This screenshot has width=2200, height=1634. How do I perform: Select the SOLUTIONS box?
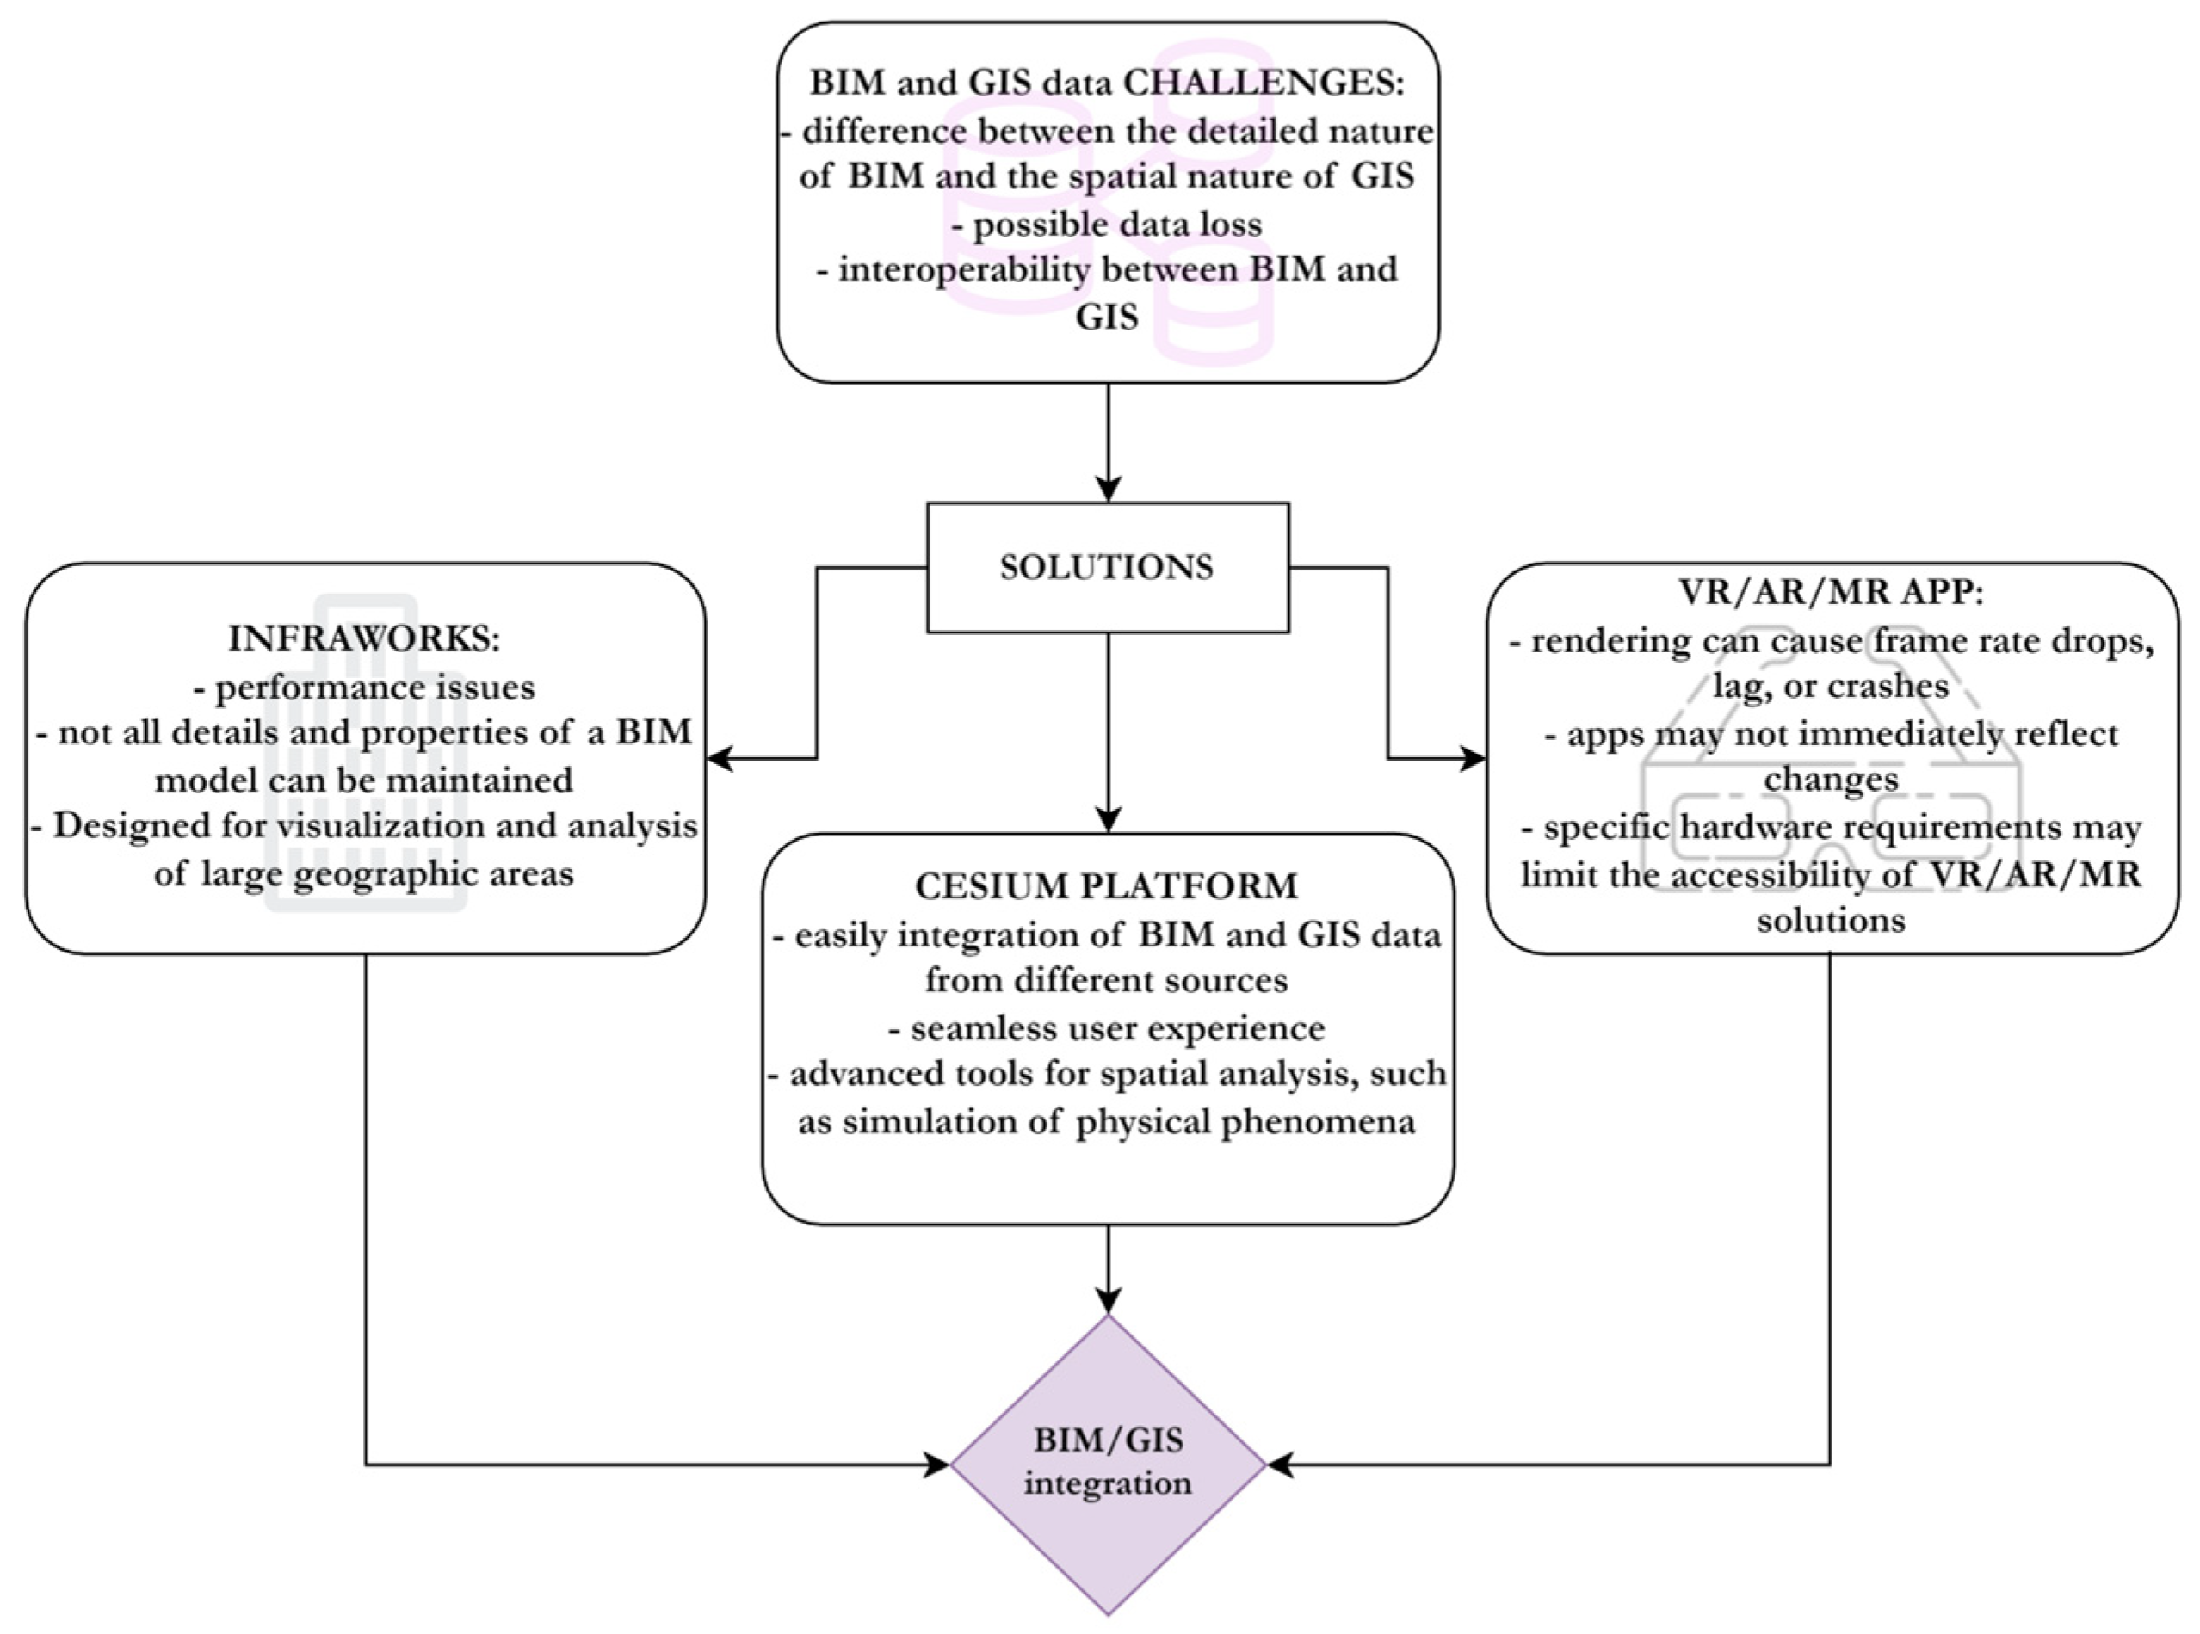click(x=1107, y=567)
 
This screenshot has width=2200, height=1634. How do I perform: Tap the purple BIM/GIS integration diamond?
click(x=1108, y=1463)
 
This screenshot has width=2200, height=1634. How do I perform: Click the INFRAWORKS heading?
click(x=364, y=639)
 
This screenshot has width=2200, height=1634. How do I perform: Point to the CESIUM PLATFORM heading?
click(x=1106, y=886)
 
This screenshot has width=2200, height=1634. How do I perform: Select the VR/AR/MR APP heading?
click(x=1831, y=593)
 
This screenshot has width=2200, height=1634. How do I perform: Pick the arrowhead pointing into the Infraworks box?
click(x=720, y=759)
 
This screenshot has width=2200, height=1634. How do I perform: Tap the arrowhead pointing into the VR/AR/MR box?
click(x=1473, y=759)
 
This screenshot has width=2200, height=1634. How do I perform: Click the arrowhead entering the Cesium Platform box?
click(x=1108, y=820)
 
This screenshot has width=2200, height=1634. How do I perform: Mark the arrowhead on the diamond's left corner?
click(x=936, y=1464)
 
